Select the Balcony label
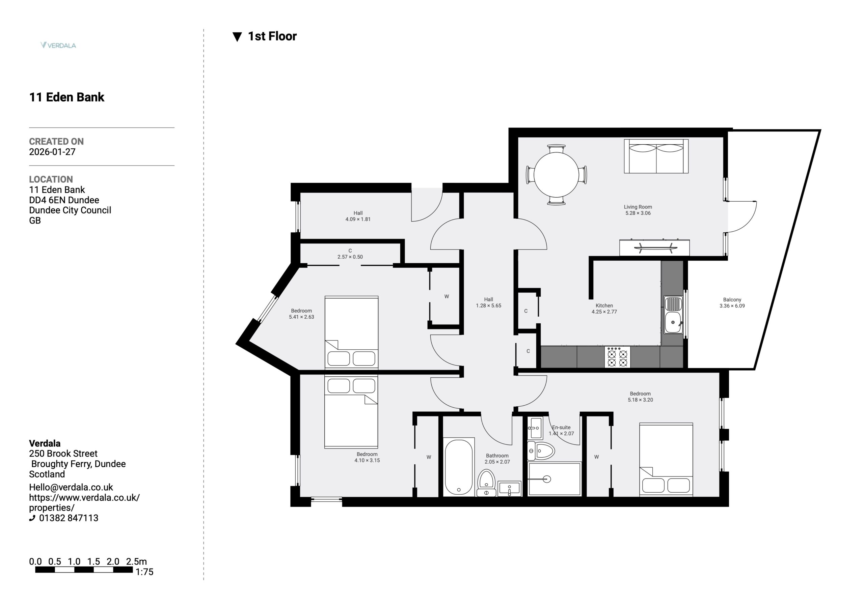point(732,300)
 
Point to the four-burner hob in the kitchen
point(617,357)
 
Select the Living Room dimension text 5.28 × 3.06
point(638,213)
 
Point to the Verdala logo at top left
point(58,45)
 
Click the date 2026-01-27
point(52,152)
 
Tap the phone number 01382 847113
point(69,518)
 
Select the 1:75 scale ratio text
point(144,572)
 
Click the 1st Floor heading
point(272,36)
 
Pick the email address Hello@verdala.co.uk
point(71,487)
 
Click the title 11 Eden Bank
point(66,97)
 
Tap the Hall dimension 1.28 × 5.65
point(488,306)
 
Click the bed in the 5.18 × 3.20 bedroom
point(666,460)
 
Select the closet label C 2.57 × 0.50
point(350,254)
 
